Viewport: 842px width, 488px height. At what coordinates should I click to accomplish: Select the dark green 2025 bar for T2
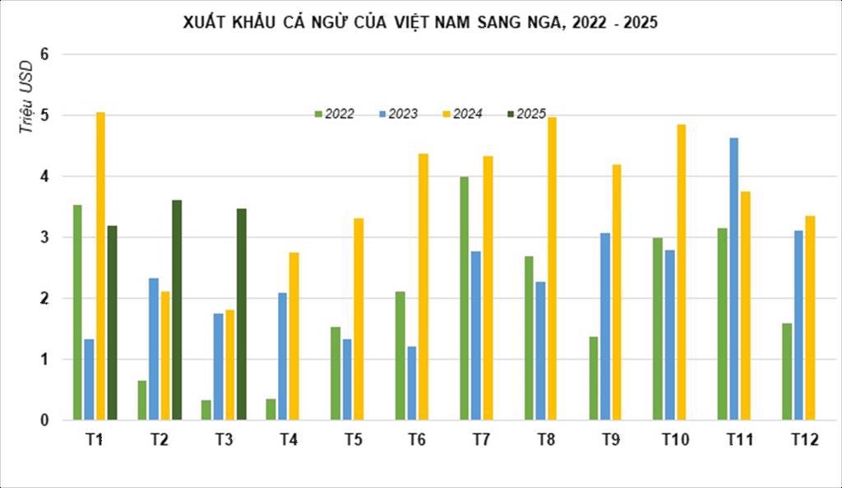177,309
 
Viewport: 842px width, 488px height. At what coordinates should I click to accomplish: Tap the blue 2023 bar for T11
733,279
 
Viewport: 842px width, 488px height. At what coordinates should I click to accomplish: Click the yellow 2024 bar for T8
552,268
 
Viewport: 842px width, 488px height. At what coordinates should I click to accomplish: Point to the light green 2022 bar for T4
271,409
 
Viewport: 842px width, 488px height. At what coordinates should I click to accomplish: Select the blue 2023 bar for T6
411,383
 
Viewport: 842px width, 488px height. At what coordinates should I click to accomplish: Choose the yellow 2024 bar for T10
681,272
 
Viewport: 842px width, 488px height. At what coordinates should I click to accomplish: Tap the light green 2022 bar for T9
593,378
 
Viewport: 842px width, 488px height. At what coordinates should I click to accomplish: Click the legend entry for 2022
334,114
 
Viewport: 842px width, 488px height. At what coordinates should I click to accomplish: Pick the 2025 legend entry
525,114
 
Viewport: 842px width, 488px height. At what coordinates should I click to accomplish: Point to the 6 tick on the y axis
45,54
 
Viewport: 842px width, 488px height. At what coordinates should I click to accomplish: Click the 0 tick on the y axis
45,421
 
